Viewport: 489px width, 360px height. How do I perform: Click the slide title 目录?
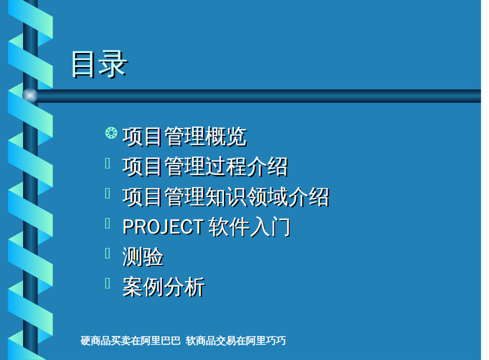[x=99, y=64]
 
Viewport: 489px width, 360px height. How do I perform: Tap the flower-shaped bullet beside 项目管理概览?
[x=111, y=133]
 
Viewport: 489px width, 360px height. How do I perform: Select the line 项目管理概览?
[x=185, y=136]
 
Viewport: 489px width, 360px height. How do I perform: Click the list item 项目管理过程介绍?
[x=205, y=167]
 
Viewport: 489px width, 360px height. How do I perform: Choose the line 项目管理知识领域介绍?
[x=226, y=196]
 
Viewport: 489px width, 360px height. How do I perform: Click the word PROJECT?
[x=163, y=227]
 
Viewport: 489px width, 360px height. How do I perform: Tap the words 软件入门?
[x=250, y=227]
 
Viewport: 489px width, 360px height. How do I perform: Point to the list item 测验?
[x=143, y=257]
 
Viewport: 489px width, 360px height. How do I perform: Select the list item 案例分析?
[x=164, y=287]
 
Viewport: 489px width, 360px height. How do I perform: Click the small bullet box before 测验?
[x=108, y=254]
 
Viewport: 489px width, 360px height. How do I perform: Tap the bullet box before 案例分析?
[x=108, y=283]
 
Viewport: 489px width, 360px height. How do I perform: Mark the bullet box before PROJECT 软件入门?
[x=108, y=223]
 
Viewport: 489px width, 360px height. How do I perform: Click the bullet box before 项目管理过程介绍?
[x=108, y=163]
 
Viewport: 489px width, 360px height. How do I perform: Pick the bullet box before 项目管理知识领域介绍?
[x=108, y=193]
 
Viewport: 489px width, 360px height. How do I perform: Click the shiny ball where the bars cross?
[x=30, y=95]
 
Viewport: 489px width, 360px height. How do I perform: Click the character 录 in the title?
[x=113, y=64]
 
